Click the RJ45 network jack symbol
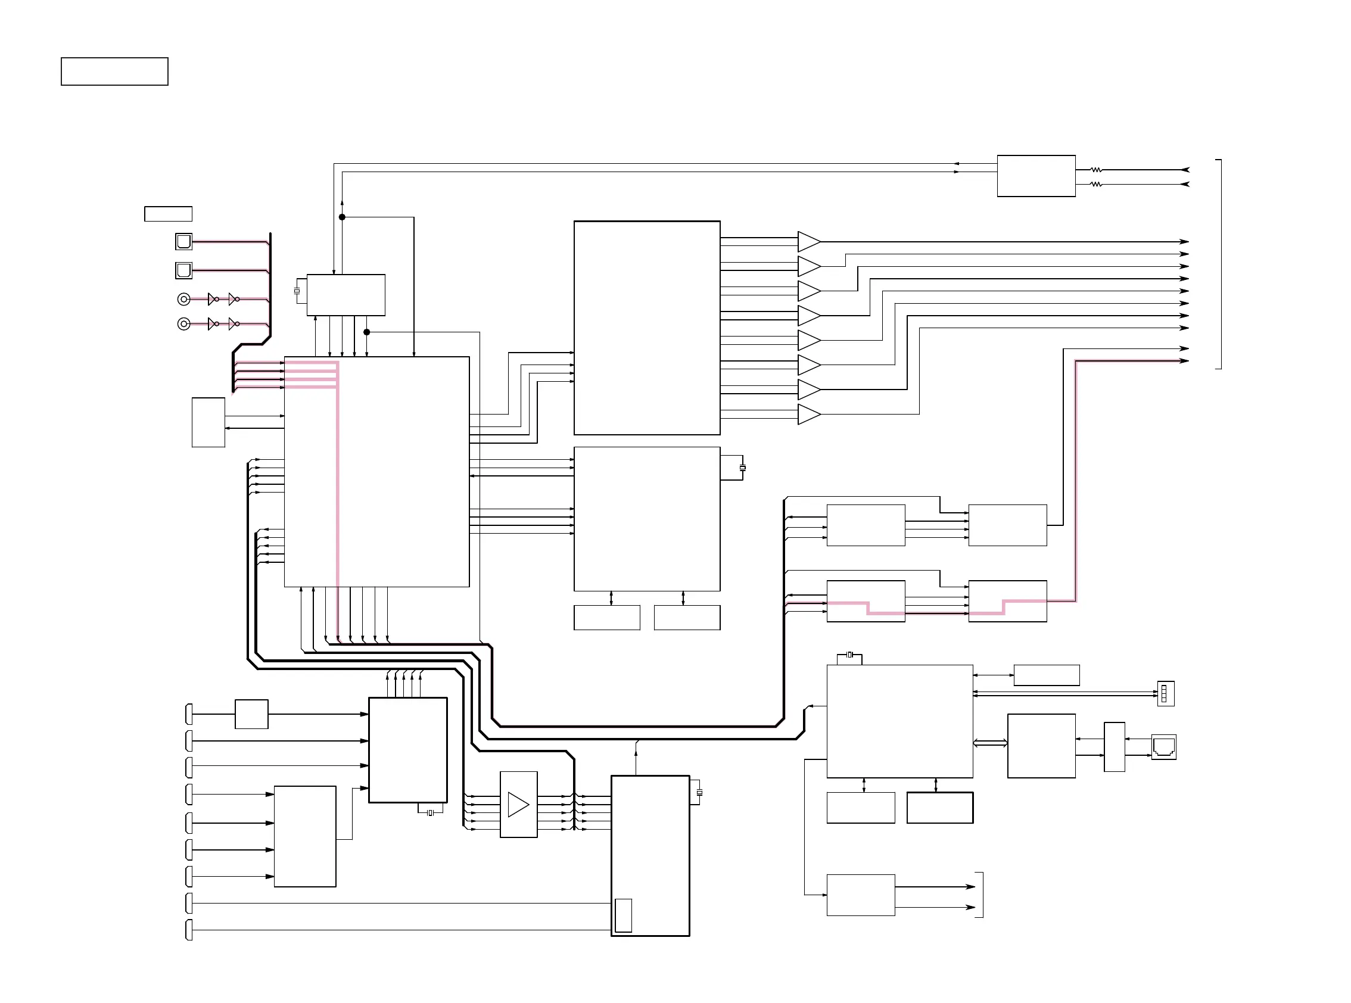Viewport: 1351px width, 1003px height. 1163,747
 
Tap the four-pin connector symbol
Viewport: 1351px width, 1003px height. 1165,693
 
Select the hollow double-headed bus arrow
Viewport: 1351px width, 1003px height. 990,743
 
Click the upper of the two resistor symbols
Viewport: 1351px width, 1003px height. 1096,170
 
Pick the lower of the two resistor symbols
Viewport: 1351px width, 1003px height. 1096,184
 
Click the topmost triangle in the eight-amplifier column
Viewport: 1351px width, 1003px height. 809,242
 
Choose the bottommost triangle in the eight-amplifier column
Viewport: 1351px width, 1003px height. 809,414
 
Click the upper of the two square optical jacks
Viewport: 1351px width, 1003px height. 183,242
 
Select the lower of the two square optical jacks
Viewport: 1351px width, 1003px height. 183,270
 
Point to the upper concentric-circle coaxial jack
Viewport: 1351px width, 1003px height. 183,300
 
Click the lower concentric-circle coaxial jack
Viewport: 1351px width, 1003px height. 183,324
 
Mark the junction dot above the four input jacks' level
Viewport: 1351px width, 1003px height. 342,217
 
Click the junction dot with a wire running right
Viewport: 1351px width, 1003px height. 367,332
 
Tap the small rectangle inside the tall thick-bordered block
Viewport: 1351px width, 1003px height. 623,915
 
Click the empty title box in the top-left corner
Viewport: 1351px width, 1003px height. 114,71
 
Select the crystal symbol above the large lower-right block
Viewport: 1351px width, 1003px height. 850,655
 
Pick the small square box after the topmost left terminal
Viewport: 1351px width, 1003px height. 251,714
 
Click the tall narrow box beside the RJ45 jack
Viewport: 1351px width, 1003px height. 1113,747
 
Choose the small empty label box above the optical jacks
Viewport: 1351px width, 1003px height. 168,214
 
